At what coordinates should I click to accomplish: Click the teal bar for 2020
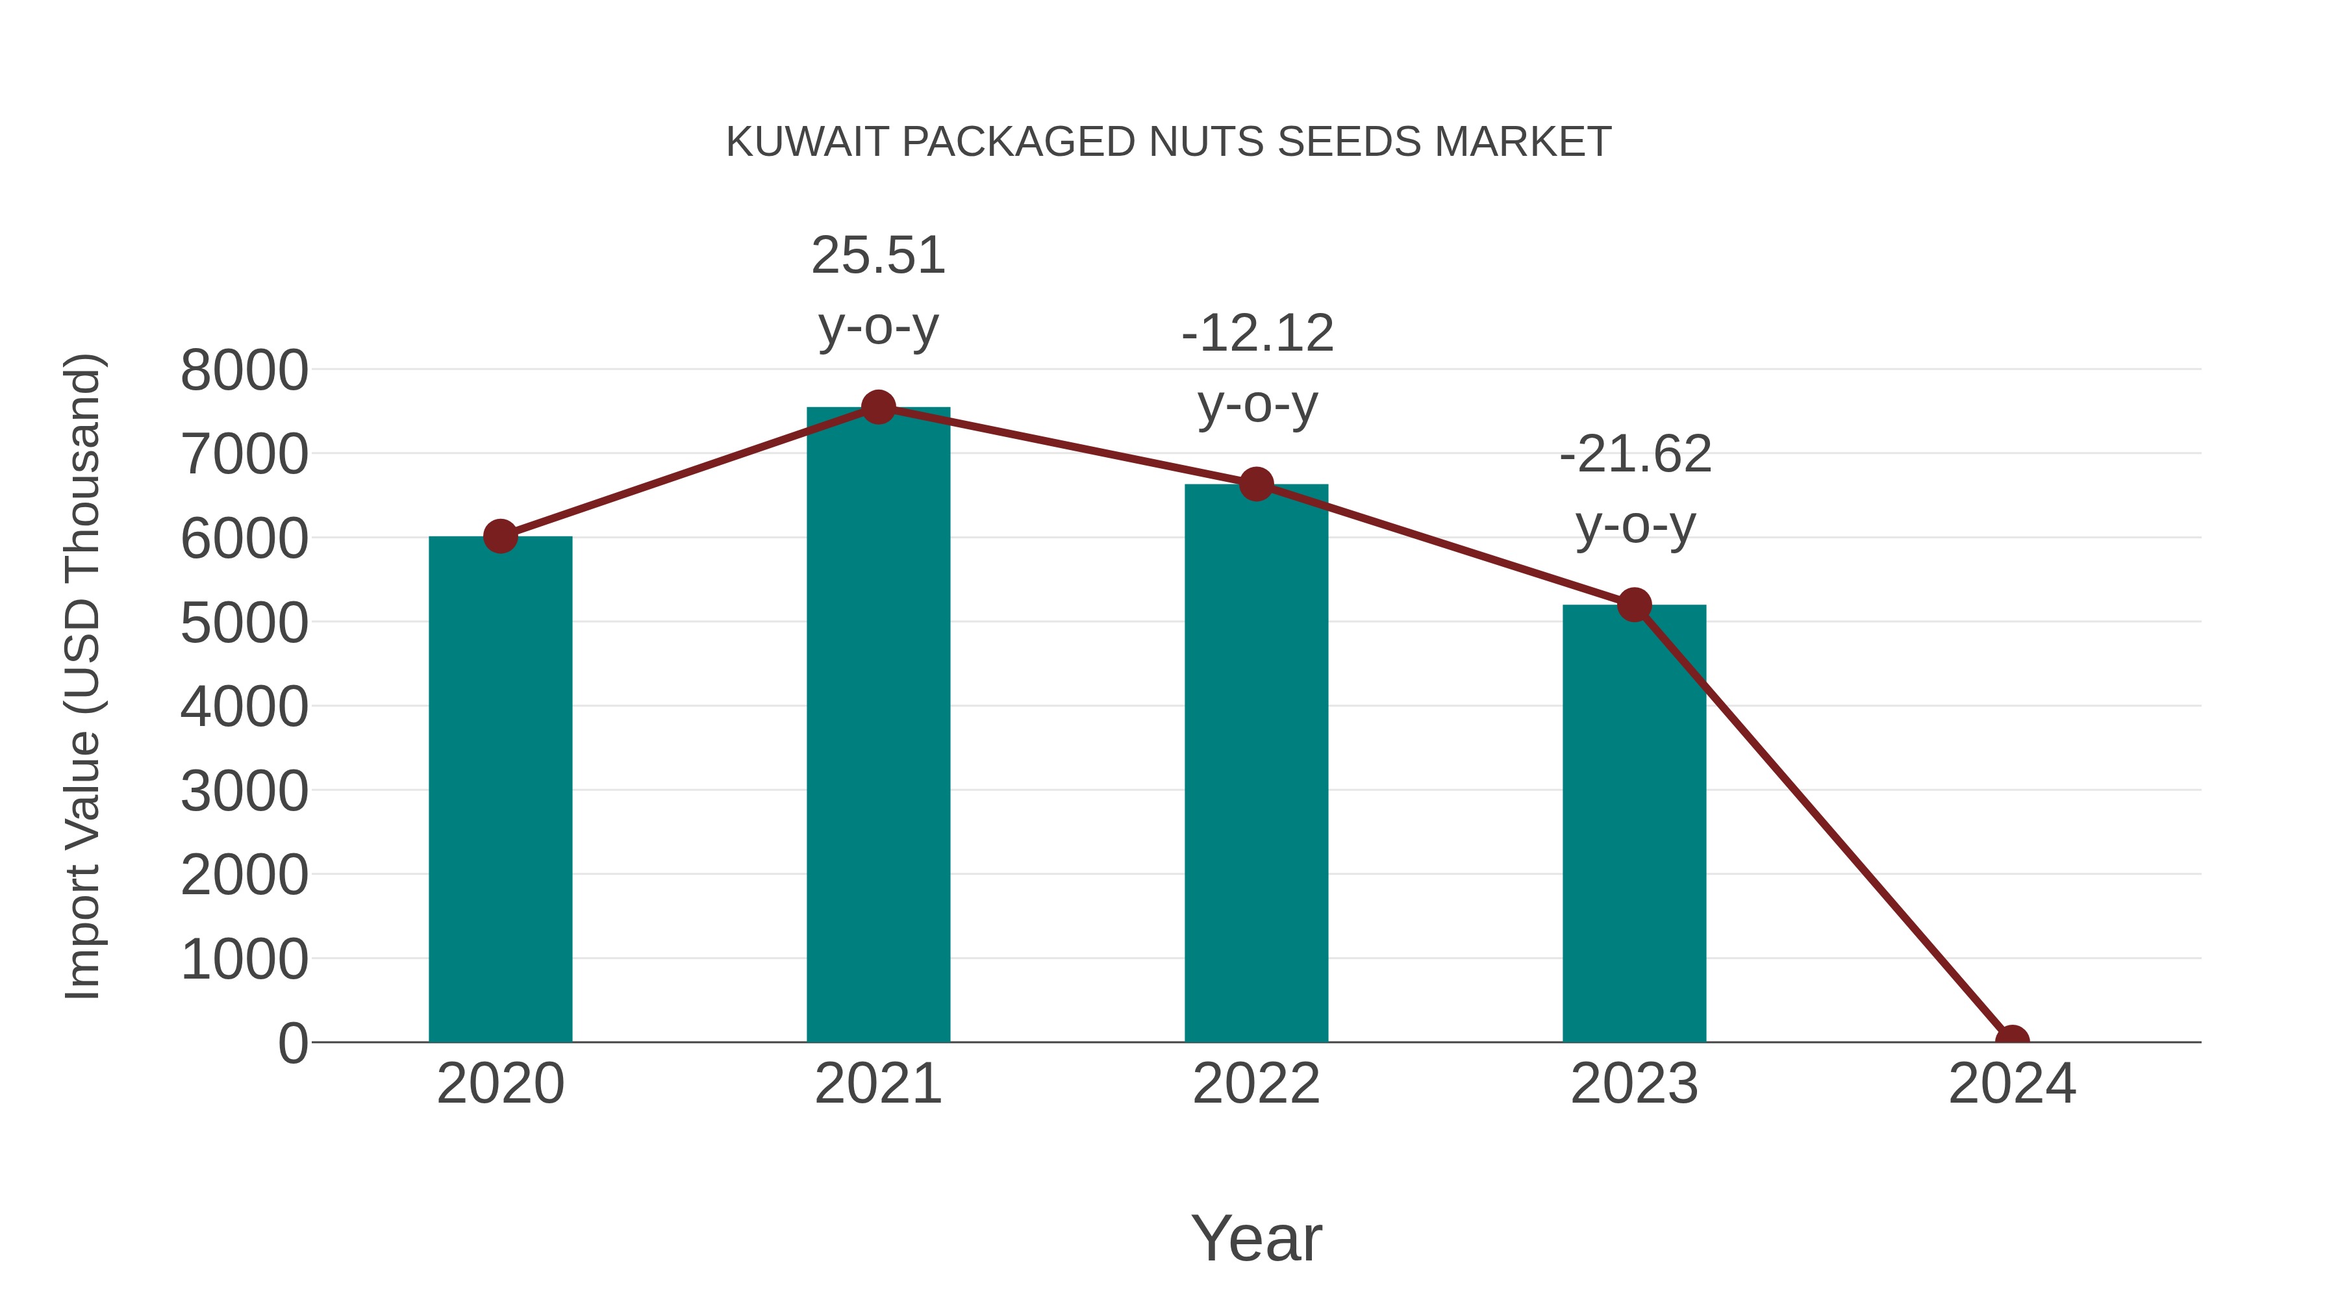[x=500, y=790]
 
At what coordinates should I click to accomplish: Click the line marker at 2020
[x=500, y=536]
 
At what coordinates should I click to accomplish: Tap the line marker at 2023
[x=1634, y=605]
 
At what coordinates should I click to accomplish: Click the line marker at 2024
[x=2012, y=1040]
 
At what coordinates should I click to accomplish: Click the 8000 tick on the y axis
[x=244, y=370]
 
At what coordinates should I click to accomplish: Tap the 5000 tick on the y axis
[x=244, y=623]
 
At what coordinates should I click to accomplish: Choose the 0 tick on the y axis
[x=292, y=1044]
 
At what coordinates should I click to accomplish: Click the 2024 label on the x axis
[x=2012, y=1084]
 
